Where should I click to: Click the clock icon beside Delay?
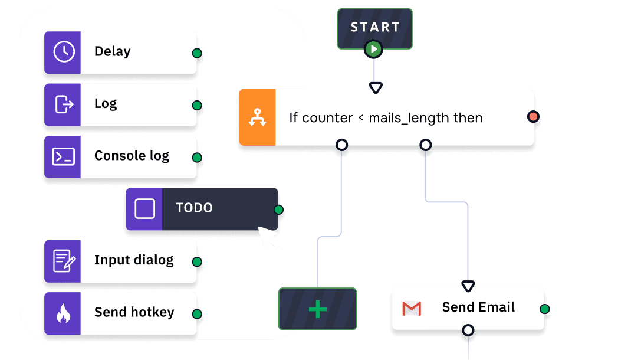point(64,52)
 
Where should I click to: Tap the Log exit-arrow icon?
point(64,104)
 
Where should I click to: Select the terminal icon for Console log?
point(64,156)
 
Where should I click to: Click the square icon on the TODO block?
point(144,208)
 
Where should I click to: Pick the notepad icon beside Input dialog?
point(64,261)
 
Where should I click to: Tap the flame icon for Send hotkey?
point(63,313)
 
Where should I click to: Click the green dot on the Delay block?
point(197,53)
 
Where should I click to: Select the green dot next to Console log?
point(197,158)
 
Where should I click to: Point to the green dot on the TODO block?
point(279,210)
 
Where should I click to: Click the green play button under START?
point(373,49)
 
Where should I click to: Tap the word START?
point(375,27)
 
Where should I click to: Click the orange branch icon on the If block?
point(257,117)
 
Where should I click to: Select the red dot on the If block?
point(533,116)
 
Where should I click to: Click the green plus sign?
point(317,309)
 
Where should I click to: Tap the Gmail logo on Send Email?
point(412,308)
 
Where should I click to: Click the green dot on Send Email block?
point(544,309)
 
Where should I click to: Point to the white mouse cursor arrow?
point(268,237)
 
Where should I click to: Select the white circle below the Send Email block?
point(468,330)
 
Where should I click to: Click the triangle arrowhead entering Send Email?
point(468,286)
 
